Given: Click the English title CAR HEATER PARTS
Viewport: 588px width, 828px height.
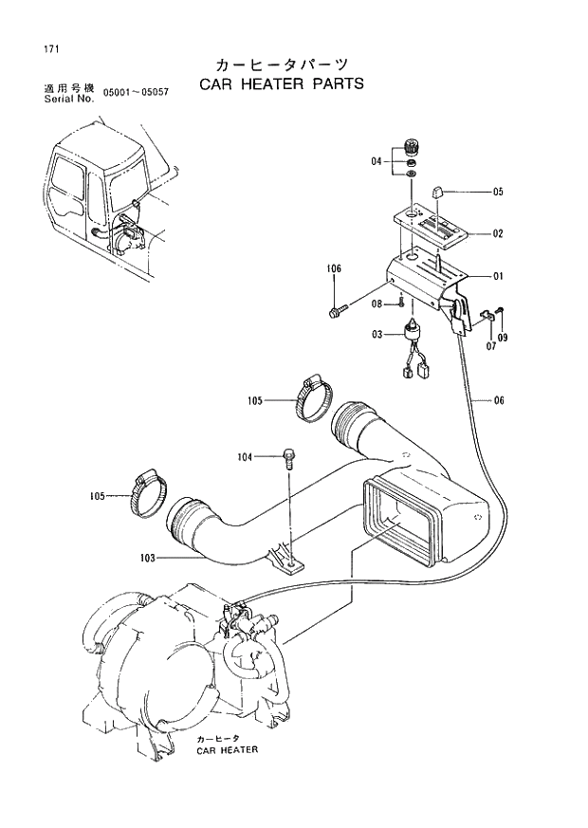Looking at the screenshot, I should coord(281,83).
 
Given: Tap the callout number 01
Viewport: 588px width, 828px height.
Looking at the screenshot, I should coord(497,277).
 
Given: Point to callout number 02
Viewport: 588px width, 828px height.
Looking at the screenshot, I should coord(497,233).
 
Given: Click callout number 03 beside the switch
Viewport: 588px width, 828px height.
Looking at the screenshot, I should coord(377,335).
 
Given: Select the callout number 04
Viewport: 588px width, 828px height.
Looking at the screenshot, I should coord(377,162).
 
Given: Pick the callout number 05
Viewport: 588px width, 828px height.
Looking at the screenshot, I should coord(497,192).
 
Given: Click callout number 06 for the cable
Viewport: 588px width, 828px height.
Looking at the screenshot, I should coord(498,400).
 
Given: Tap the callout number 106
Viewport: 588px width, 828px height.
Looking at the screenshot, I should coord(334,269).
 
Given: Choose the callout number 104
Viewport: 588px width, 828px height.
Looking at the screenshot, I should coord(247,457).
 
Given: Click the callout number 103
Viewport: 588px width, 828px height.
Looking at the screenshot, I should coord(148,559).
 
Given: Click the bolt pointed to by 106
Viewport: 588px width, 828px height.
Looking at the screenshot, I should coord(338,310).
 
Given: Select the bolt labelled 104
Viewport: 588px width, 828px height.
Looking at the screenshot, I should coord(287,459).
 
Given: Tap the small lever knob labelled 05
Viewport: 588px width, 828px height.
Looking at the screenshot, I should coord(438,193).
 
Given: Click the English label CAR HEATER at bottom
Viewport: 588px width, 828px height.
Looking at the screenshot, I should coord(228,749).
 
